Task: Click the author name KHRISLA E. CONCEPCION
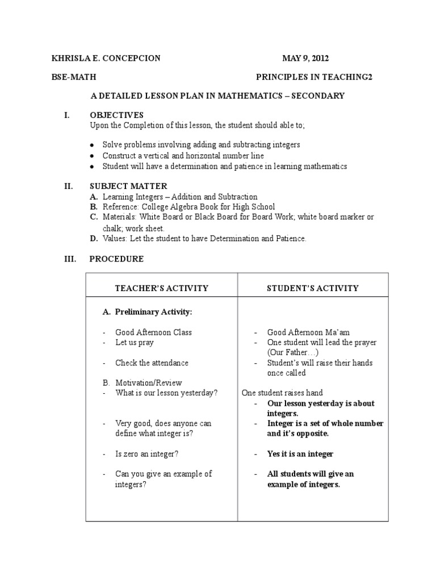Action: (x=106, y=58)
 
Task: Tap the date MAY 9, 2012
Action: (x=305, y=58)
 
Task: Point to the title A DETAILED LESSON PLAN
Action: (x=217, y=96)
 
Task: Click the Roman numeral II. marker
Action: (x=67, y=186)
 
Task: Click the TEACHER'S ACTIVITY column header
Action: (x=162, y=288)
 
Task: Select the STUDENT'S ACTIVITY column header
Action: (x=313, y=288)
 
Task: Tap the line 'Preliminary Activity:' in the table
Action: (x=153, y=312)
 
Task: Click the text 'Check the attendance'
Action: (x=152, y=363)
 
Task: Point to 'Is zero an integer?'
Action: (x=148, y=454)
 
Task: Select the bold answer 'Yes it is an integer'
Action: (x=300, y=454)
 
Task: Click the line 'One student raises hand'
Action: (x=282, y=393)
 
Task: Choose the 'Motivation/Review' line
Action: (x=148, y=383)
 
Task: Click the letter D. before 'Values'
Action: (x=94, y=239)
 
